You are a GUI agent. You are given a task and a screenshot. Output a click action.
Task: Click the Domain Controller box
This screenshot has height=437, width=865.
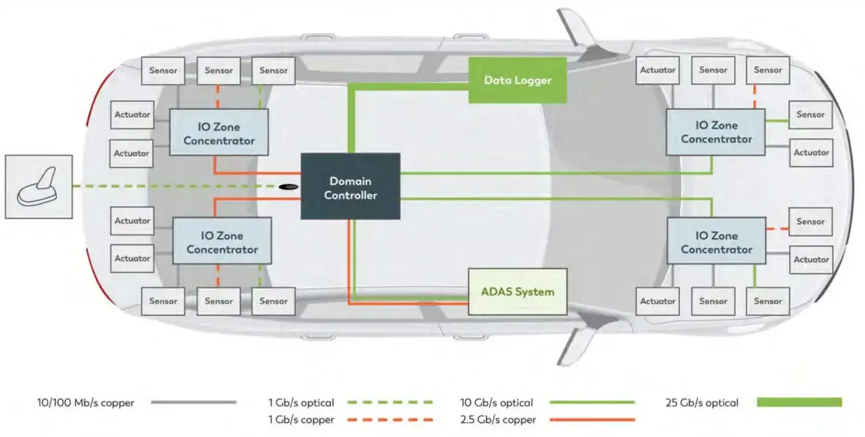[x=350, y=186]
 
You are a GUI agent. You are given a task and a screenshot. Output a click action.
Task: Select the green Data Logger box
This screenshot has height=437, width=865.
[x=518, y=80]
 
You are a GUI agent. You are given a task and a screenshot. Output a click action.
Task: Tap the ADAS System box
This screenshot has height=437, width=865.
[x=518, y=292]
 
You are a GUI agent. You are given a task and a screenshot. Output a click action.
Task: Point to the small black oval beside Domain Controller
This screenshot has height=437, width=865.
[x=289, y=187]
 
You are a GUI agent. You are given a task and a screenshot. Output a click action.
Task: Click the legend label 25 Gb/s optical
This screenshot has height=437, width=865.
[x=701, y=403]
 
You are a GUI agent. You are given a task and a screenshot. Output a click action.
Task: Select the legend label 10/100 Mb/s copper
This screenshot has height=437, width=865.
[x=86, y=403]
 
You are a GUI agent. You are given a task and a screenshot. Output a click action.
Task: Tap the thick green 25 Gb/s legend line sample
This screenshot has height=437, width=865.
[x=799, y=403]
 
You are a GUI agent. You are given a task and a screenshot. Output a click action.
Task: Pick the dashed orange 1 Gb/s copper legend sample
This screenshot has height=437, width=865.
[x=390, y=419]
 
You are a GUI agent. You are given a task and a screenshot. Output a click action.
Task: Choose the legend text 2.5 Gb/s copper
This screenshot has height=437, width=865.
[x=498, y=419]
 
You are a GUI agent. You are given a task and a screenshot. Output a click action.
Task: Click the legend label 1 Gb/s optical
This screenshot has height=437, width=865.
[x=301, y=403]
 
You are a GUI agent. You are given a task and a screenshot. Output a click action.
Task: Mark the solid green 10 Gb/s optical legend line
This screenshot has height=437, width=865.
[x=593, y=403]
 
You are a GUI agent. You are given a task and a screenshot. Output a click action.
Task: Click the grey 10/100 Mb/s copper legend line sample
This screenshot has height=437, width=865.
[x=194, y=403]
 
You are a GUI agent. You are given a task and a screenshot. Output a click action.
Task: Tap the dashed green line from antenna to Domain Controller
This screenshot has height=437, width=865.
[x=175, y=186]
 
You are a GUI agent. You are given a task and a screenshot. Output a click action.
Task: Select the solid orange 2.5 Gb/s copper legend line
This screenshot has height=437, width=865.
[x=593, y=419]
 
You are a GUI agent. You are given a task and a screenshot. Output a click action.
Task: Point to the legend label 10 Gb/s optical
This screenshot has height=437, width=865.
[x=496, y=403]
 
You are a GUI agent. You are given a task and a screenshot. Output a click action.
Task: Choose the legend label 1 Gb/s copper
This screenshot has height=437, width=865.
[x=301, y=419]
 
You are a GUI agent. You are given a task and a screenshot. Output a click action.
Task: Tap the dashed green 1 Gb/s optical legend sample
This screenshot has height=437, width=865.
[x=390, y=403]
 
